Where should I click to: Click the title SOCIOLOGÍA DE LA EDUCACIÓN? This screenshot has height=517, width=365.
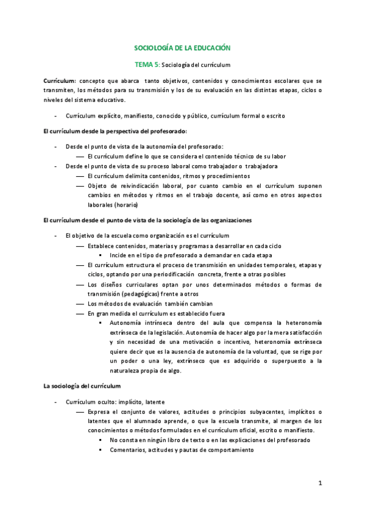[x=182, y=47]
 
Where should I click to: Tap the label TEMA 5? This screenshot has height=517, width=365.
[x=146, y=64]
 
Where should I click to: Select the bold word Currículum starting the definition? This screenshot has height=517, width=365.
[x=59, y=81]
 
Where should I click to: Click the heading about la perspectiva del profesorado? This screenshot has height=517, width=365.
[x=115, y=131]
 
